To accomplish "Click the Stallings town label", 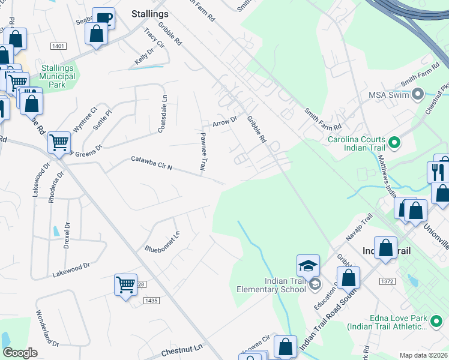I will point(150,13).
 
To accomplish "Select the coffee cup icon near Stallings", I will point(103,17).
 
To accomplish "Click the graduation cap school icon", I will point(308,265).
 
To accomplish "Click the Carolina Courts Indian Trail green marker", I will point(394,142).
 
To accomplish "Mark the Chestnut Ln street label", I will point(182,348).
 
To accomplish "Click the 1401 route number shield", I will point(58,46).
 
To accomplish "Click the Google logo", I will point(20,353).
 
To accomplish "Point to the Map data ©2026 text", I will point(423,355).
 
